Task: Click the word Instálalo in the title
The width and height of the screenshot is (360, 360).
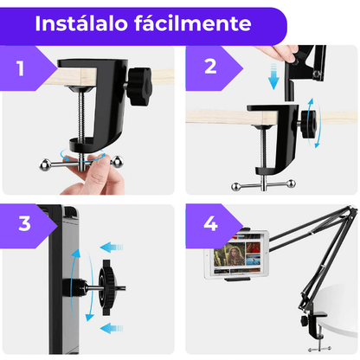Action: pyautogui.click(x=84, y=23)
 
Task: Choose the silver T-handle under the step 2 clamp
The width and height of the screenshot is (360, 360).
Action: pyautogui.click(x=264, y=183)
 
